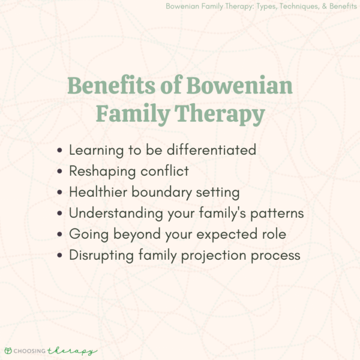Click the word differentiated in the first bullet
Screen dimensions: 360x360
tap(208, 149)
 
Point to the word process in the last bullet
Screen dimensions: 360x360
tap(272, 254)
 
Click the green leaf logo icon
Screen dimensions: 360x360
tap(8, 350)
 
